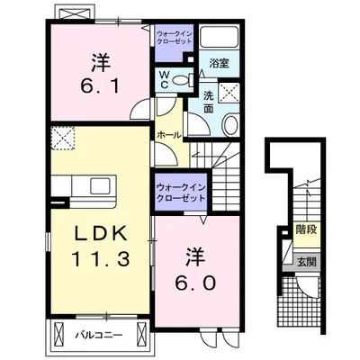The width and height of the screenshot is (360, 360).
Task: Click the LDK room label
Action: pyautogui.click(x=101, y=233)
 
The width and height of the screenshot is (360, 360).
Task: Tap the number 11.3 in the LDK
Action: pyautogui.click(x=101, y=259)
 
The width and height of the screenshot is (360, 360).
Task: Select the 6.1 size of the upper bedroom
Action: pyautogui.click(x=101, y=85)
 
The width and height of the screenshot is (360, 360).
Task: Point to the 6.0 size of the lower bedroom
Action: pyautogui.click(x=195, y=283)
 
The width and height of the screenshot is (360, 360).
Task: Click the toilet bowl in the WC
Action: pyautogui.click(x=181, y=79)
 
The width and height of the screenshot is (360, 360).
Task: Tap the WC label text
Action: pyautogui.click(x=165, y=79)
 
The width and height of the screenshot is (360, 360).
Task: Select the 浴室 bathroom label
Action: pyautogui.click(x=220, y=63)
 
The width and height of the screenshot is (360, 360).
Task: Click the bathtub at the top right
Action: pyautogui.click(x=219, y=37)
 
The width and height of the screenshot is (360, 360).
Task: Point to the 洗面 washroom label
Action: pyautogui.click(x=209, y=103)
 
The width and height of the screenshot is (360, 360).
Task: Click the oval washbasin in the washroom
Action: pyautogui.click(x=230, y=125)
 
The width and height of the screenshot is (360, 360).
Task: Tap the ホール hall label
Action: pyautogui.click(x=169, y=135)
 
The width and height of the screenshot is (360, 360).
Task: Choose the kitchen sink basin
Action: pyautogui.click(x=100, y=186)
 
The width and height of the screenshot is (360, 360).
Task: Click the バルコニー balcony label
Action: pyautogui.click(x=99, y=335)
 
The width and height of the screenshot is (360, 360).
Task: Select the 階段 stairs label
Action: pyautogui.click(x=306, y=229)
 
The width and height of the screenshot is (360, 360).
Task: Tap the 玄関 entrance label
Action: pyautogui.click(x=307, y=262)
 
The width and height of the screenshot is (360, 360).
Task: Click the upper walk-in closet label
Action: pyautogui.click(x=175, y=37)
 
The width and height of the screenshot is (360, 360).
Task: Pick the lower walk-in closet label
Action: pyautogui.click(x=181, y=193)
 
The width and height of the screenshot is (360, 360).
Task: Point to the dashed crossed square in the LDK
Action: pyautogui.click(x=63, y=138)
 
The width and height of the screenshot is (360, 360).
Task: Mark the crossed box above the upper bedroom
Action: pyautogui.click(x=75, y=13)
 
